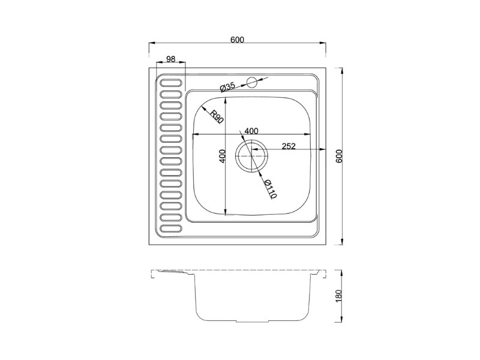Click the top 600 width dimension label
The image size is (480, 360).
pos(237,40)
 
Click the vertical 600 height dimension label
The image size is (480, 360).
pos(339,156)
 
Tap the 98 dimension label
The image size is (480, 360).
pos(170,59)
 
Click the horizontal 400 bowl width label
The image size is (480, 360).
pos(251,131)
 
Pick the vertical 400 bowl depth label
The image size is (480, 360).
pos(223,156)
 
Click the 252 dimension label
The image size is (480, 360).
pos(289,146)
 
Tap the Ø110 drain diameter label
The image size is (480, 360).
pos(271,188)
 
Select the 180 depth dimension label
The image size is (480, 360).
pos(339,296)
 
